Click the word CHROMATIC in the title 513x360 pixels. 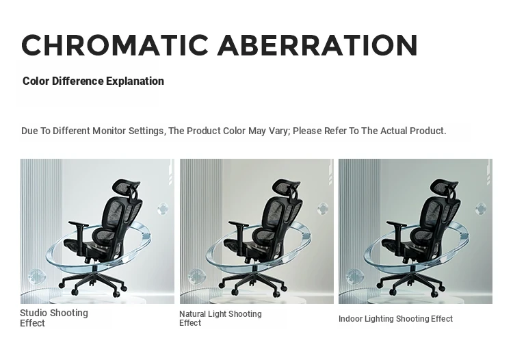[x=115, y=45]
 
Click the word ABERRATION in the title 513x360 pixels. [x=317, y=45]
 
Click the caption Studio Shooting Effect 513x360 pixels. [x=54, y=318]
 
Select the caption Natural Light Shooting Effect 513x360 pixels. [x=220, y=318]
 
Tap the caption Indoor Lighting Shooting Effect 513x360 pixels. [x=395, y=319]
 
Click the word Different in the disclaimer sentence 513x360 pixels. [x=71, y=131]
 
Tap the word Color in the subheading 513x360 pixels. [x=36, y=81]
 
